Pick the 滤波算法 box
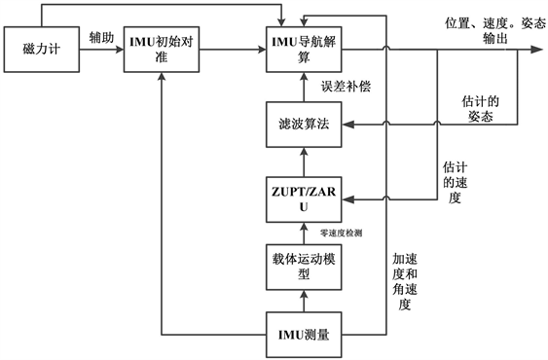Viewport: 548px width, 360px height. (x=305, y=124)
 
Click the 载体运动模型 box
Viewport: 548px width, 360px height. (x=305, y=267)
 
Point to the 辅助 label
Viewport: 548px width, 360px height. (x=98, y=37)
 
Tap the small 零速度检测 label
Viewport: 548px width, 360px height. (x=343, y=234)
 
